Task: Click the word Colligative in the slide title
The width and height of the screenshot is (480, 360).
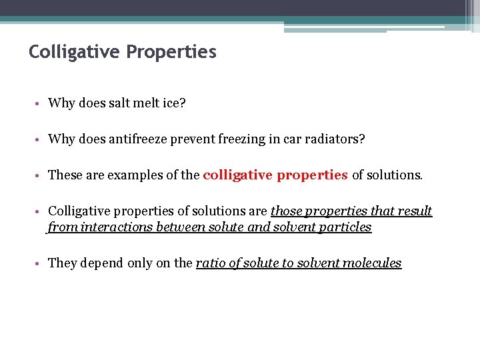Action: click(73, 52)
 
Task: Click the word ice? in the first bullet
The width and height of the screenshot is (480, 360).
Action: click(175, 103)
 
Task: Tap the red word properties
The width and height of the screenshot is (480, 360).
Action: click(312, 175)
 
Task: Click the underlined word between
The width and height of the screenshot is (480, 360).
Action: click(177, 227)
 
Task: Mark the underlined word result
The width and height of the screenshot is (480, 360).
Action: click(416, 211)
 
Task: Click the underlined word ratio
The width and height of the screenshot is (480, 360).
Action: click(209, 263)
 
